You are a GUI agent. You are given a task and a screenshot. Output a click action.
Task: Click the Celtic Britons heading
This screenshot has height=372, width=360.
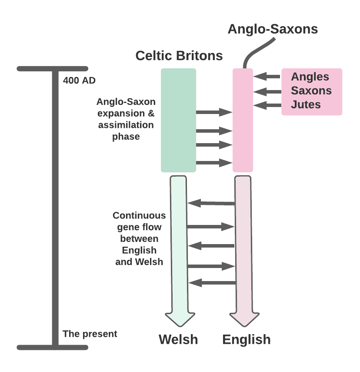coord(179,56)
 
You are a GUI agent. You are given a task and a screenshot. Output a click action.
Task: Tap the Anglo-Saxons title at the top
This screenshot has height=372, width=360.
coord(273,29)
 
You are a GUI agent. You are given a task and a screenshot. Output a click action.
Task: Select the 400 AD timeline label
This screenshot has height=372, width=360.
coord(79,80)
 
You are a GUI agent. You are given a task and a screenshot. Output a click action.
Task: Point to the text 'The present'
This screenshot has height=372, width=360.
coord(90,334)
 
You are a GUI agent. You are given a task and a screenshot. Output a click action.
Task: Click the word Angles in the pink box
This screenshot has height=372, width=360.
coord(310,77)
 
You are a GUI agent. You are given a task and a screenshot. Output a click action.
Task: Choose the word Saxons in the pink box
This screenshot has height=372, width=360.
coord(311,91)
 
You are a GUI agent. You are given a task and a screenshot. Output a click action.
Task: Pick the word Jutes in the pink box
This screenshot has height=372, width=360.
coord(306,105)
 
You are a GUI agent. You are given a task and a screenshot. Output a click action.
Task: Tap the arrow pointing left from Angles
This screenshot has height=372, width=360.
coord(267,77)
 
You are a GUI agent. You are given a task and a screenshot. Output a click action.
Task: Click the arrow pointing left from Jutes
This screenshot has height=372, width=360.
coord(267,105)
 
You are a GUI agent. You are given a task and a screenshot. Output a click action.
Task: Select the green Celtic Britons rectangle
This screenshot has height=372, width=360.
coord(178,120)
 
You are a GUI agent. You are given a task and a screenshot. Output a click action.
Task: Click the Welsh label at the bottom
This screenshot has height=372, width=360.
coord(178,340)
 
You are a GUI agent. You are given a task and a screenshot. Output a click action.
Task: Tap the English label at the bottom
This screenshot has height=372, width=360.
coord(247,340)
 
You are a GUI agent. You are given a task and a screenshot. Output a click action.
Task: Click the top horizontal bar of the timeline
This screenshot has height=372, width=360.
coord(53,69)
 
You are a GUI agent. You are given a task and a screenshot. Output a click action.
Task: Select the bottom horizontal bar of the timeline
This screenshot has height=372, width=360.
coord(53,347)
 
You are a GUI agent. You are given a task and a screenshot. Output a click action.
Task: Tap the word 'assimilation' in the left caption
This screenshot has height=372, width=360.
coord(126,125)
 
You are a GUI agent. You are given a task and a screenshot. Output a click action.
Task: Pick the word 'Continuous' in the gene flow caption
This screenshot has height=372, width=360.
coord(139,215)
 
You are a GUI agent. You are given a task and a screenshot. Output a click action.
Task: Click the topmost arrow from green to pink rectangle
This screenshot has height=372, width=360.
coord(213,112)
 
